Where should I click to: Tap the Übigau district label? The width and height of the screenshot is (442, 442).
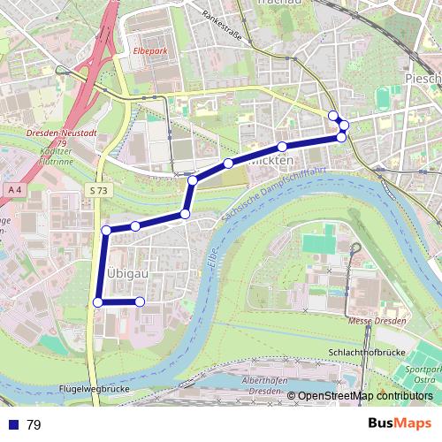(x=125, y=273)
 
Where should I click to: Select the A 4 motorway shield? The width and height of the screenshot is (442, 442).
(x=14, y=190)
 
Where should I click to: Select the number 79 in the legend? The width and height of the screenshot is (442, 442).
(x=34, y=424)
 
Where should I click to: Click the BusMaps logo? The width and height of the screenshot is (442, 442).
(x=399, y=424)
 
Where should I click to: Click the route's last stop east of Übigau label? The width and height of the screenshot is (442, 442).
(x=140, y=302)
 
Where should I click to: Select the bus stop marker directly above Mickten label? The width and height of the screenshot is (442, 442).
(x=282, y=147)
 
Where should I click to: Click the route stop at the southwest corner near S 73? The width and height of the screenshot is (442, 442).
(x=97, y=302)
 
